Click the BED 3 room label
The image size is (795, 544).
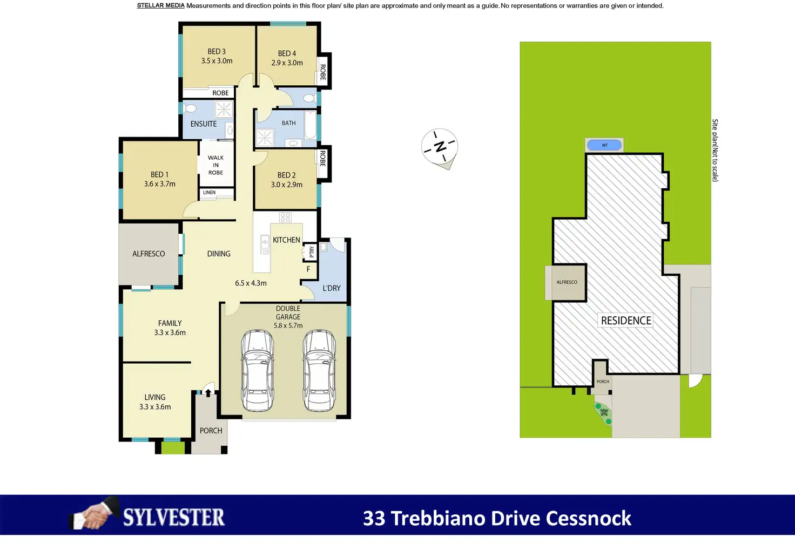coord(217,52)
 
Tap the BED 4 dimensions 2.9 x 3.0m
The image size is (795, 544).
coord(287,63)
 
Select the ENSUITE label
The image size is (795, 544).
coord(204,124)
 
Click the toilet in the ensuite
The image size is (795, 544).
coord(190,108)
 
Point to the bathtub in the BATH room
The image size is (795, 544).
coord(310,125)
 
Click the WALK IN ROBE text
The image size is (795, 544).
coord(215,165)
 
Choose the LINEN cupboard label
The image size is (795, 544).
coord(209,193)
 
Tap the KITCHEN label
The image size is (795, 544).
coord(286,240)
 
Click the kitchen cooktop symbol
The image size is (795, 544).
coord(285,217)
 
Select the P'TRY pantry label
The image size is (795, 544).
coord(312,252)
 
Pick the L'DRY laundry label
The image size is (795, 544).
coord(332,288)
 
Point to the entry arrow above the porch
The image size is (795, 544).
coord(208,392)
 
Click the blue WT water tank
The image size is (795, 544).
coord(604,145)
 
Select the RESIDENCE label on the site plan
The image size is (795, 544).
coord(626,321)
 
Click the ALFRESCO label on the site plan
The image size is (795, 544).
coord(567,282)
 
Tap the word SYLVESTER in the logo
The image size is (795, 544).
coord(173,518)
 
